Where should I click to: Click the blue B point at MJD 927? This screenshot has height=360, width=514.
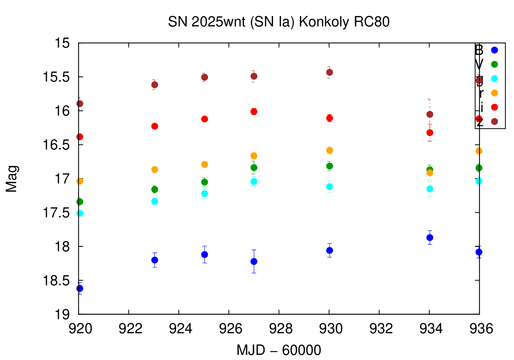[254, 261]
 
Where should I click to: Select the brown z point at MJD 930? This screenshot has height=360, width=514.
[330, 72]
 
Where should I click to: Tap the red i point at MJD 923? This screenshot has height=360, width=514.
[155, 126]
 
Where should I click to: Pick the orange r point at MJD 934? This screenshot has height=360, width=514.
[430, 173]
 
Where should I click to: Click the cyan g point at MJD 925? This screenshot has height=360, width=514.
[205, 194]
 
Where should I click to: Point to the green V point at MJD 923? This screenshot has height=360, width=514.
[155, 189]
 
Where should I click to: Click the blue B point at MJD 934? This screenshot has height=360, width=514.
[430, 238]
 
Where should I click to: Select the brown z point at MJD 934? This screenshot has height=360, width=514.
[430, 114]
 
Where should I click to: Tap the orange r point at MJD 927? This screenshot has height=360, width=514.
[254, 156]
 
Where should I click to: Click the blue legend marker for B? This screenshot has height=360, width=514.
[494, 50]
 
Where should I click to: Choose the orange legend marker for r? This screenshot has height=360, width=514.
[494, 93]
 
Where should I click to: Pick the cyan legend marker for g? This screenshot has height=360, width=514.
[494, 79]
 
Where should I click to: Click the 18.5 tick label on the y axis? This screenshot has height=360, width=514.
[56, 281]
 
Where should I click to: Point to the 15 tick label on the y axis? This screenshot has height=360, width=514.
[63, 44]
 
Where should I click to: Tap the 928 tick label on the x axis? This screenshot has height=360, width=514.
[279, 329]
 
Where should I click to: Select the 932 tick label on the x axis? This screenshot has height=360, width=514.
[379, 329]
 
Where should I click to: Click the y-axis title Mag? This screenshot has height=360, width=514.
[12, 179]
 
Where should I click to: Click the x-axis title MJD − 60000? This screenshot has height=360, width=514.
[279, 350]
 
